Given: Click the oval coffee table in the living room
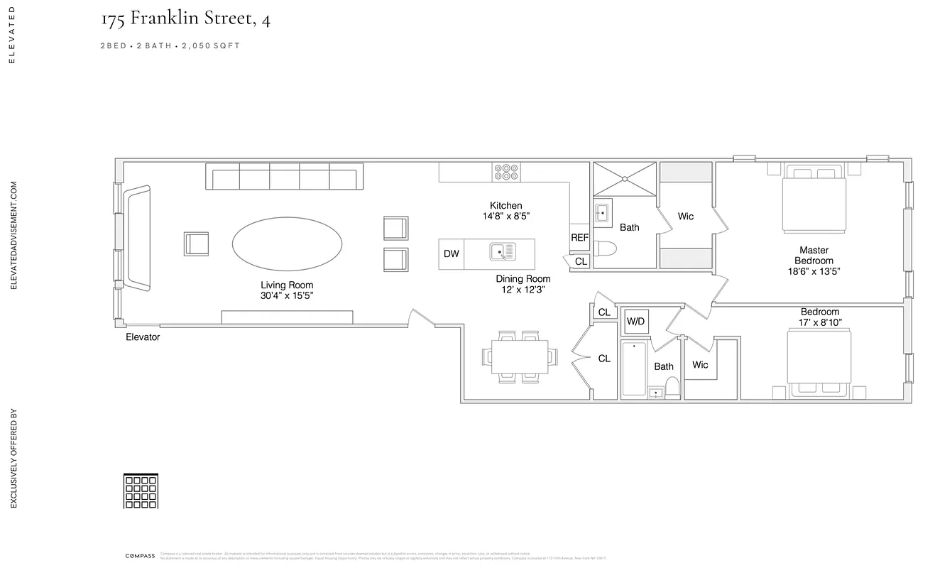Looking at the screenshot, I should [287, 244].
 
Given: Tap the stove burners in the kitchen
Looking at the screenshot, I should [507, 172].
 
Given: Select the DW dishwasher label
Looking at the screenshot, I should [451, 254].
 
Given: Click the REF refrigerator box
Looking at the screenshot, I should [579, 238].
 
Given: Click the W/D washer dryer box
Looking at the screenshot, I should [635, 322].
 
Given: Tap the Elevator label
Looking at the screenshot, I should [143, 337].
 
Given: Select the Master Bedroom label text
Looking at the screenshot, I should [814, 256].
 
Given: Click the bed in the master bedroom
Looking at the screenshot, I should [814, 201].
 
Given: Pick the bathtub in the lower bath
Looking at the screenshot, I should [634, 368].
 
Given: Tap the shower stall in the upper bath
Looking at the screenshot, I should [625, 178].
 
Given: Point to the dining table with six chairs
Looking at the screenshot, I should [519, 356].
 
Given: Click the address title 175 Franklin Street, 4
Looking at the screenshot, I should [185, 19].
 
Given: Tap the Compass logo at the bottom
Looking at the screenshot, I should [140, 556].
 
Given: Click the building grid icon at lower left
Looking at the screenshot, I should [141, 491].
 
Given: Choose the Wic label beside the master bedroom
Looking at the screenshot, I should [685, 217].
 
